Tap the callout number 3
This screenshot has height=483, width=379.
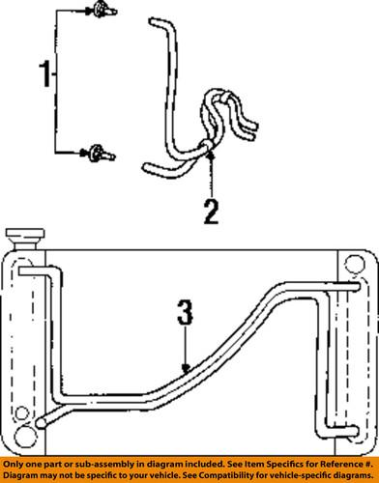point(187,315)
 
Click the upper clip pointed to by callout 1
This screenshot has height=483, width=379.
point(100,11)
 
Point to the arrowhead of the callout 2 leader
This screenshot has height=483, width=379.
point(207,145)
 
